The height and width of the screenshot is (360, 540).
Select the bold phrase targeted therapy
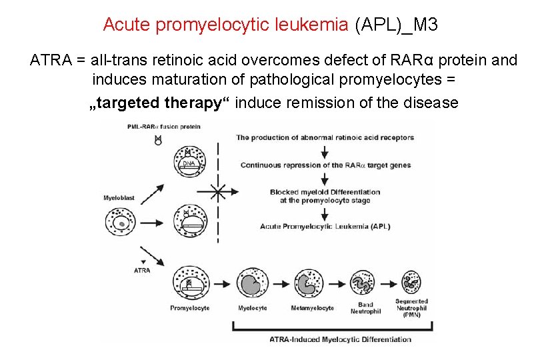point(161,103)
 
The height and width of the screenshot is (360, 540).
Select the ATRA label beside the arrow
point(142,270)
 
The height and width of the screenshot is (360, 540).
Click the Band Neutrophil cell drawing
point(364,283)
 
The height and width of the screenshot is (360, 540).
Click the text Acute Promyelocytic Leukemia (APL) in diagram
point(325,227)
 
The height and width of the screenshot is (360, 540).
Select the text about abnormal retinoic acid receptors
point(325,138)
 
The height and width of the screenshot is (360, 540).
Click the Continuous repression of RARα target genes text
point(325,165)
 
